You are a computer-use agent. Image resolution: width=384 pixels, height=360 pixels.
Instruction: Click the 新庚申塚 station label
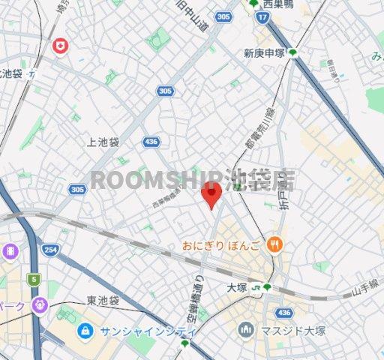point(264,52)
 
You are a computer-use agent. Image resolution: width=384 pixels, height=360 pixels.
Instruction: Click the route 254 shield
point(50,250)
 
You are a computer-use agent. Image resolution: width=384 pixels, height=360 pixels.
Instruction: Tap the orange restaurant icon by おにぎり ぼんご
point(276,243)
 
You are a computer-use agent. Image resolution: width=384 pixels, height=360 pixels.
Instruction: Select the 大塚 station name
point(238,286)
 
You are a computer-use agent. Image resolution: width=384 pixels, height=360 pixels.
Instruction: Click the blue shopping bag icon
point(85,329)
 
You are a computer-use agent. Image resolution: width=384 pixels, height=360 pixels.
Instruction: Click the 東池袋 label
point(103,301)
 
